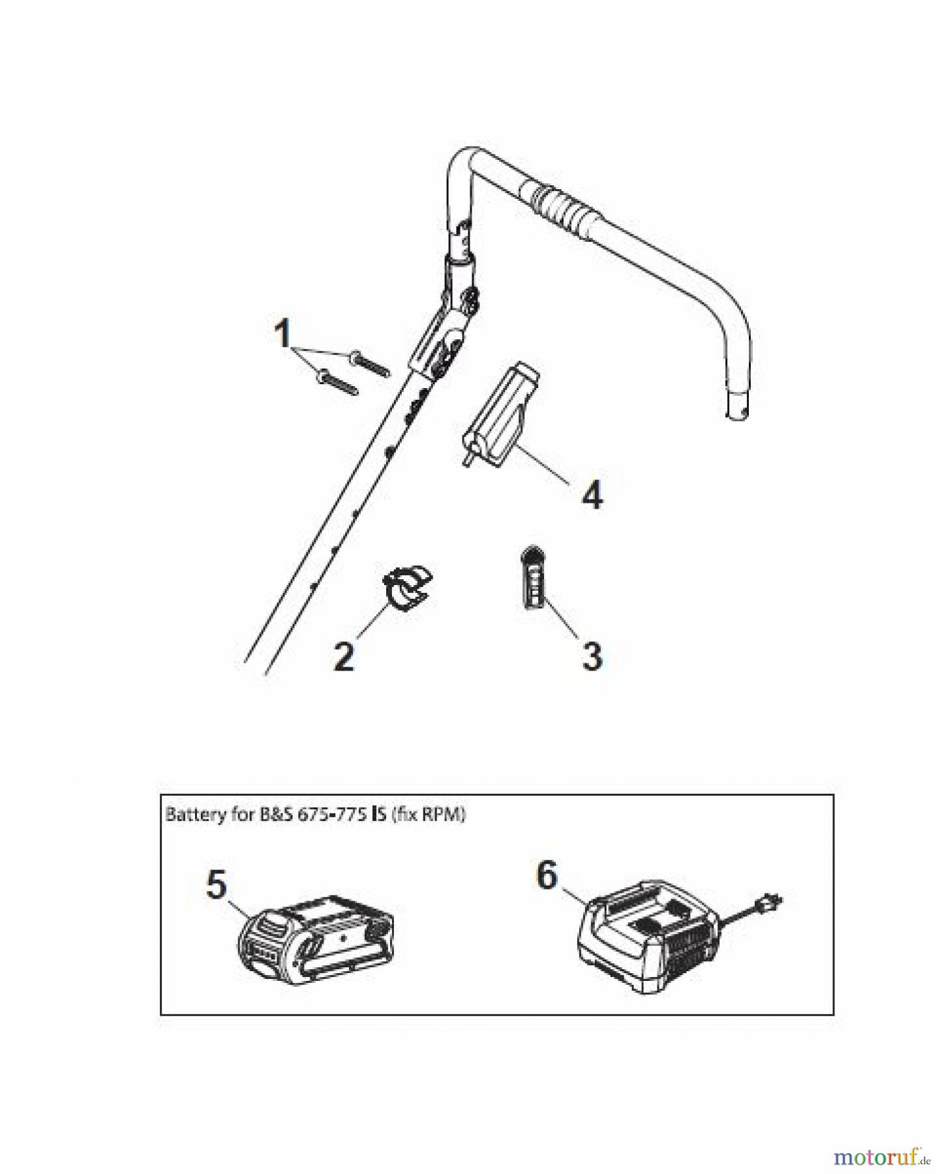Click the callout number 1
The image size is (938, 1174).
click(282, 335)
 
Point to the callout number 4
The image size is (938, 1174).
click(592, 495)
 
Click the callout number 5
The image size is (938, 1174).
click(217, 885)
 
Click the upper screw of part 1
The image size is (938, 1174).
click(370, 364)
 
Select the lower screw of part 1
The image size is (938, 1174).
click(337, 383)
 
